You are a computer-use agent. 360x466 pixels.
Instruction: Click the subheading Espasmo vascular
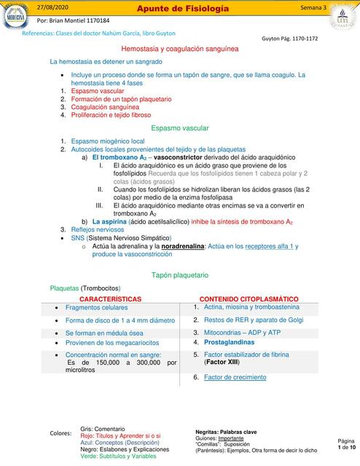tap(179, 127)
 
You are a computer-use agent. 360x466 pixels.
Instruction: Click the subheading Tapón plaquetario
tap(179, 275)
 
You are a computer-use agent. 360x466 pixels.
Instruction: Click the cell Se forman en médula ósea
tap(104, 332)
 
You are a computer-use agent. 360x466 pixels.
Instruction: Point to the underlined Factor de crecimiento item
tap(235, 377)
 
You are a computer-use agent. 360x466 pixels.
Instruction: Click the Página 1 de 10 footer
tap(345, 446)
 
